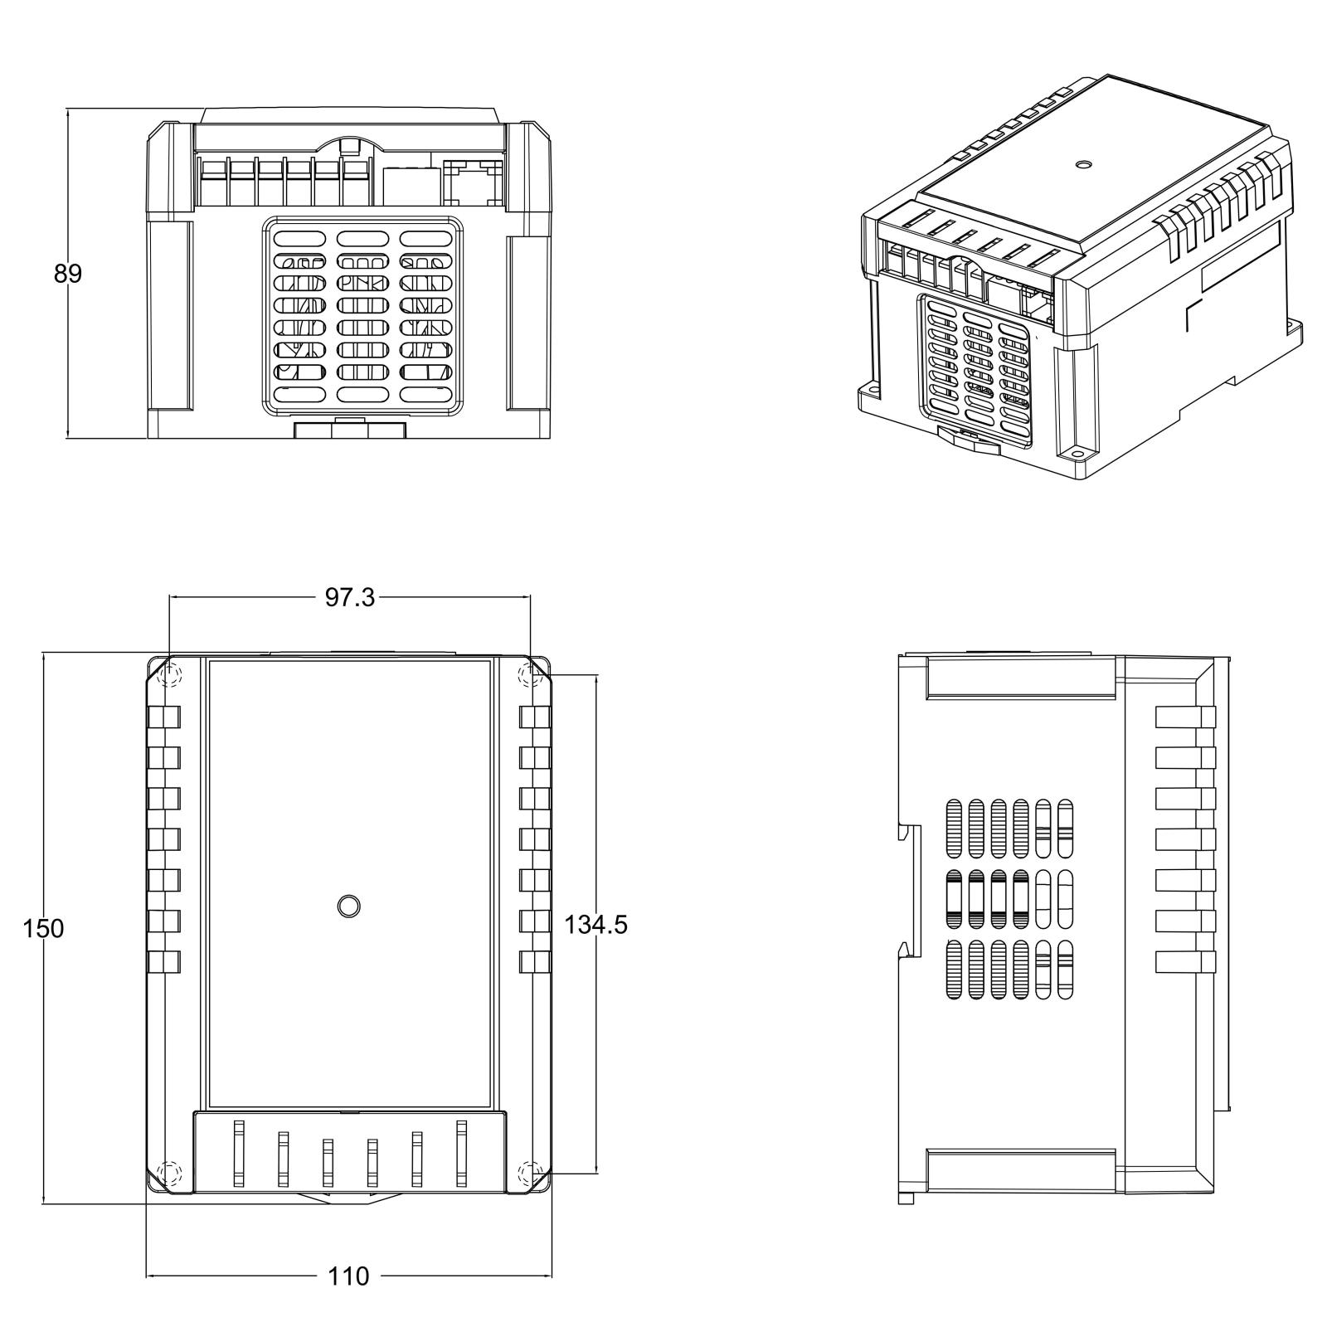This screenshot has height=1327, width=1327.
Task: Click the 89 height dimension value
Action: pyautogui.click(x=68, y=274)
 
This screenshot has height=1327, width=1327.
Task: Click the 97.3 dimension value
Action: pyautogui.click(x=349, y=597)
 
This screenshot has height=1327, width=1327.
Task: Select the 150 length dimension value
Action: pyautogui.click(x=43, y=928)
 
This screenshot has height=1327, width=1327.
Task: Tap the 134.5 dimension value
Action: pyautogui.click(x=595, y=924)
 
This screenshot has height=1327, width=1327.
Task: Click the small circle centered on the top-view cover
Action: pyautogui.click(x=349, y=906)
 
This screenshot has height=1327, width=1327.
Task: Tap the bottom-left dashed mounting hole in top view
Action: pyautogui.click(x=169, y=1174)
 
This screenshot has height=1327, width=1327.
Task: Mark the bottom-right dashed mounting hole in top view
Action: pyautogui.click(x=528, y=1174)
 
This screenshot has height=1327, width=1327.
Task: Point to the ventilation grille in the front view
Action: pyautogui.click(x=362, y=315)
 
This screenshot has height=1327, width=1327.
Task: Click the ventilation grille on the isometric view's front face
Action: pyautogui.click(x=979, y=365)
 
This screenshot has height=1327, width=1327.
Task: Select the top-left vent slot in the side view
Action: pyautogui.click(x=954, y=828)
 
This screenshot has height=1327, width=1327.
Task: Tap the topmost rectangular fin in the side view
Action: pyautogui.click(x=1185, y=717)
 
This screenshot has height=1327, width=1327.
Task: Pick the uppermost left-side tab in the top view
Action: pyautogui.click(x=164, y=717)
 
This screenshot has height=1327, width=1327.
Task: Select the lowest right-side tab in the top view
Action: pyautogui.click(x=535, y=962)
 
